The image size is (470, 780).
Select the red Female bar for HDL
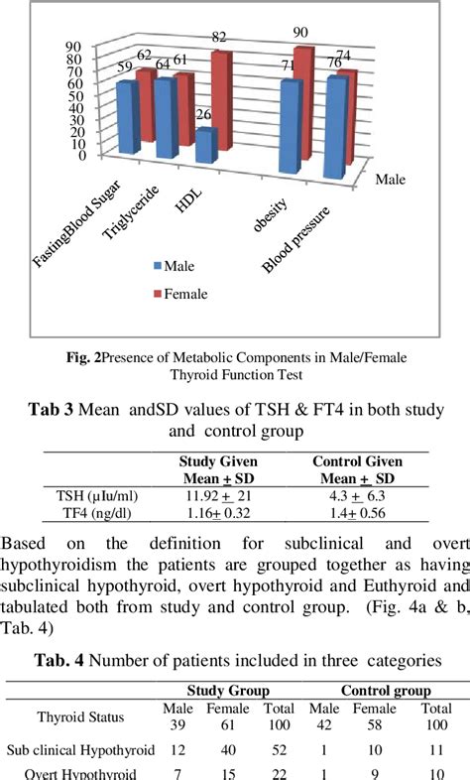[220, 99]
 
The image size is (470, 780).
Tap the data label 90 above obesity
[299, 34]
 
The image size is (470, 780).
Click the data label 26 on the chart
[203, 115]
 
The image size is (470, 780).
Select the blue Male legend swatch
[157, 266]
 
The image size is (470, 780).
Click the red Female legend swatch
[157, 293]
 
